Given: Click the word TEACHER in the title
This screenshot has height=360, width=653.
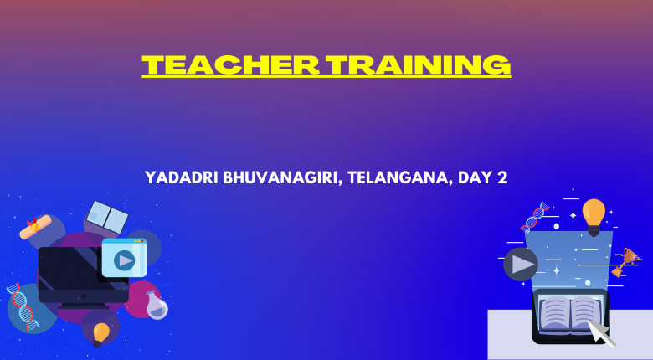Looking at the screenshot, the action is point(230,64).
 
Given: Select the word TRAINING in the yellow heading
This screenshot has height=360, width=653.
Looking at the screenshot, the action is point(418,64).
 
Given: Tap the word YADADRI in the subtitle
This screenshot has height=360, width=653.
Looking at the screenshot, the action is point(182,178).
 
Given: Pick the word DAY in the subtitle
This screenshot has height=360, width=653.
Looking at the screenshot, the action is point(475,178).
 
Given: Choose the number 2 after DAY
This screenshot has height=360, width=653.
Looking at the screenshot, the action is point(501,178).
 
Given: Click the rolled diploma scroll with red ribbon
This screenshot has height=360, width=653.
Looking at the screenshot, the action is point(35,227).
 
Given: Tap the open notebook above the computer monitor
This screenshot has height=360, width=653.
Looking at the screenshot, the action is point(107,217).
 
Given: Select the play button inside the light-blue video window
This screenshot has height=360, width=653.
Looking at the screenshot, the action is point(124,260).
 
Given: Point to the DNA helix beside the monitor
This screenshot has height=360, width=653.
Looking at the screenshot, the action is point(23,306).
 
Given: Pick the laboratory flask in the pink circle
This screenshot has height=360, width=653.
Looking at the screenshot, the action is point(157,306).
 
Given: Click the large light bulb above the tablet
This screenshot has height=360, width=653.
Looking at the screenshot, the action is point(594,217).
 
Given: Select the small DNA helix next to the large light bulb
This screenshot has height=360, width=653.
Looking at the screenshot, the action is point(535,217).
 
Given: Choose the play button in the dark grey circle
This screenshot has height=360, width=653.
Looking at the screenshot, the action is point(521,265).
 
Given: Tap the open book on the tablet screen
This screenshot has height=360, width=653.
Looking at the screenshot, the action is point(569,313).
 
